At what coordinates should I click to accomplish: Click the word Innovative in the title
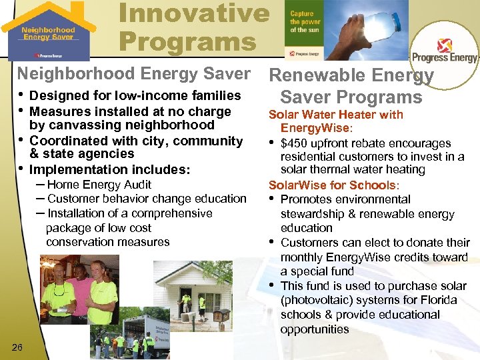194,13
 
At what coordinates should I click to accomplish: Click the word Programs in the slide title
187,42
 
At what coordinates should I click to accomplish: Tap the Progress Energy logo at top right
445,50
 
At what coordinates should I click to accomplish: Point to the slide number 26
18,345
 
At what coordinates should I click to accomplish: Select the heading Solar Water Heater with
335,115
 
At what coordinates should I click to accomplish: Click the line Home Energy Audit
99,185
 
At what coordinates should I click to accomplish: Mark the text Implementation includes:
110,169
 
